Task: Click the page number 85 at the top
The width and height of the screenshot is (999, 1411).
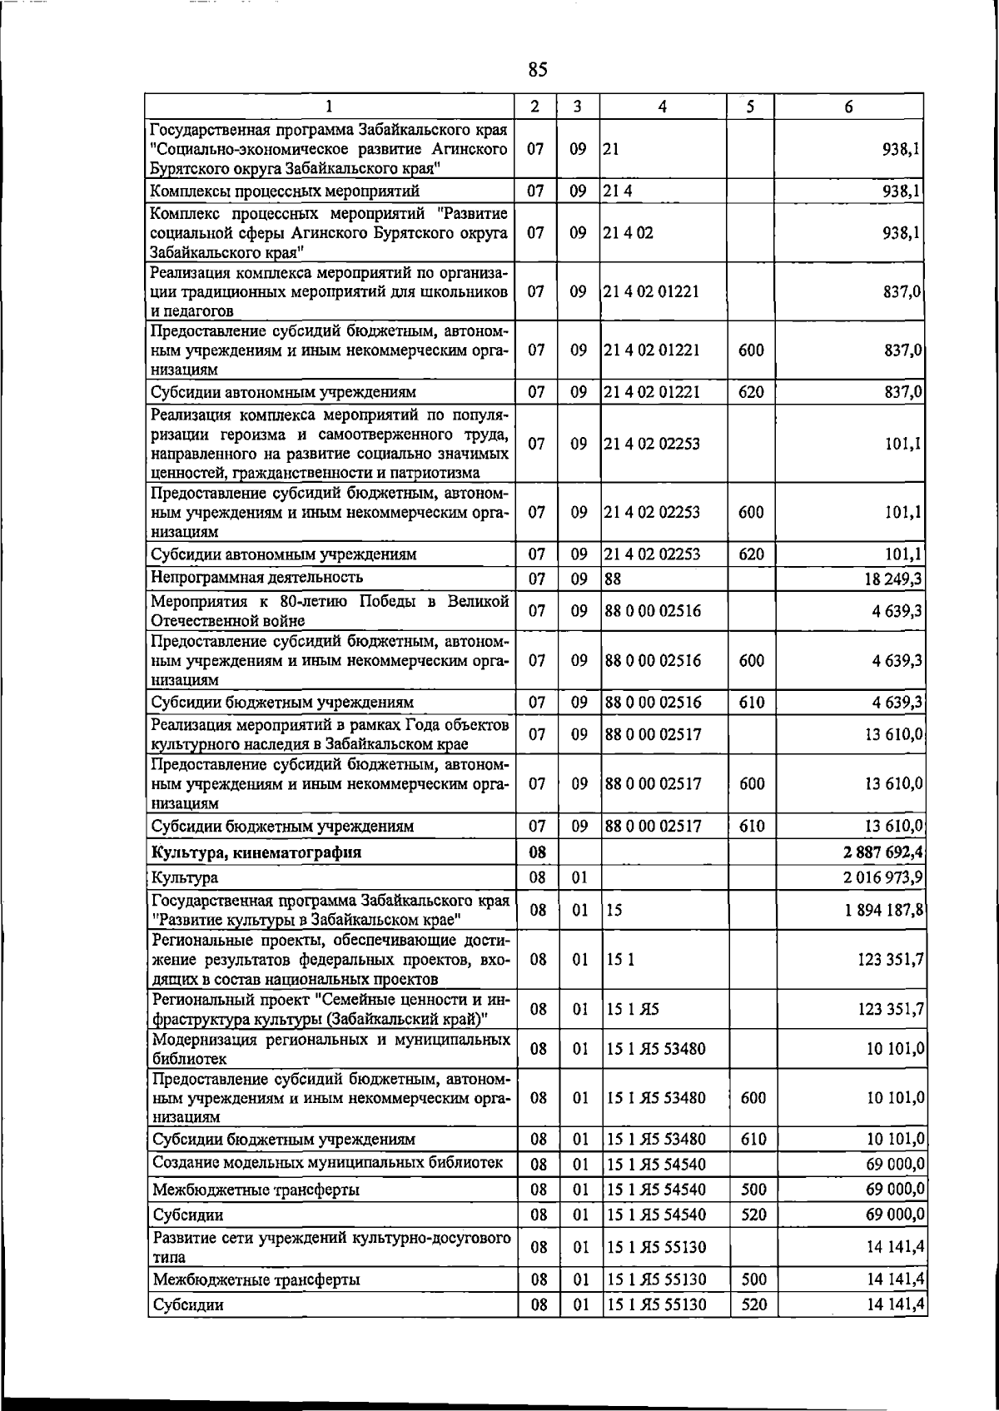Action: (x=538, y=70)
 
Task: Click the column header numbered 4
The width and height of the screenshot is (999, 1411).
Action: (x=663, y=106)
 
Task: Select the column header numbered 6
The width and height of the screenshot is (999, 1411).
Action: (x=848, y=106)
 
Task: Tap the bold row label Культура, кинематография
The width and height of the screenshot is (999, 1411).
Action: (x=256, y=852)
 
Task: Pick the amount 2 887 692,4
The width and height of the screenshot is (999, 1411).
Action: (x=883, y=852)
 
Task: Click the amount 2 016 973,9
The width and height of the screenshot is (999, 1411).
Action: (x=883, y=877)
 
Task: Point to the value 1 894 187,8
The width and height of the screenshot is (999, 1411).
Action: (x=883, y=910)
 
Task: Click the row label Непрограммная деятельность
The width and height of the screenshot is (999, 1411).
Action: (x=256, y=577)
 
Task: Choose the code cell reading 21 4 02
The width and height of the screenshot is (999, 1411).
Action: (x=629, y=233)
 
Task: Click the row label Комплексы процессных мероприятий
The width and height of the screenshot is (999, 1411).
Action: (x=285, y=191)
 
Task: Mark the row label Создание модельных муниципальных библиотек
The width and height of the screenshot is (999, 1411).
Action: (x=328, y=1163)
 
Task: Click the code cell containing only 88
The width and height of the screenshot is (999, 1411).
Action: (x=614, y=577)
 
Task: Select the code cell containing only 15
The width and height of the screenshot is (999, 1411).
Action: (x=614, y=910)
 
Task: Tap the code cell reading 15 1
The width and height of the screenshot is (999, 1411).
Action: (x=620, y=960)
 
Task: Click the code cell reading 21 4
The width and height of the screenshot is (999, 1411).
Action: (x=618, y=191)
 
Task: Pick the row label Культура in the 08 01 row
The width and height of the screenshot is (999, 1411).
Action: (x=185, y=877)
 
